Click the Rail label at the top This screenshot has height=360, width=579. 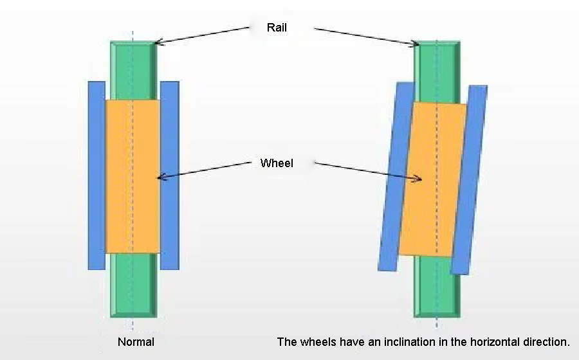pos(277,28)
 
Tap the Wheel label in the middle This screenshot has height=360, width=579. pos(277,163)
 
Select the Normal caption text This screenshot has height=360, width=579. pos(136,342)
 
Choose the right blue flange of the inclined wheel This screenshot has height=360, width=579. pos(469,180)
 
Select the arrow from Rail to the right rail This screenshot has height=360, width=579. pos(367,37)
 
